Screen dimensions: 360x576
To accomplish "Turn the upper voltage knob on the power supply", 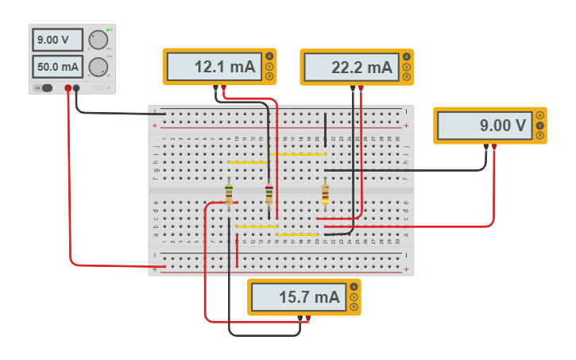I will pos(99,41).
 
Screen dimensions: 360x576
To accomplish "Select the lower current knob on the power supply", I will pos(99,66).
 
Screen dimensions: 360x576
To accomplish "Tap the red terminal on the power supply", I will pos(68,87).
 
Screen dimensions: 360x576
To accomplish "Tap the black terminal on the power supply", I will pos(77,87).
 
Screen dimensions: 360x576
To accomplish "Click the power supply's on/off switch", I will pos(45,87).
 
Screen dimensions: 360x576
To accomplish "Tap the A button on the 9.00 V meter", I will pos(539,116).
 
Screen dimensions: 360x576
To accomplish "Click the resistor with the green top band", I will pos(229,193).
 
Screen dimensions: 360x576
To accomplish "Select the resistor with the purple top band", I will pos(269,193).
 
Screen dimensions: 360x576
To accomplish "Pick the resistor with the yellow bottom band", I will pos(325,193).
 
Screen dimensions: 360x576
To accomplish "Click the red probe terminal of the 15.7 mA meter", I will pos(308,318).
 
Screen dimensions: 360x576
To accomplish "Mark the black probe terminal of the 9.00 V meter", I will pos(485,146).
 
